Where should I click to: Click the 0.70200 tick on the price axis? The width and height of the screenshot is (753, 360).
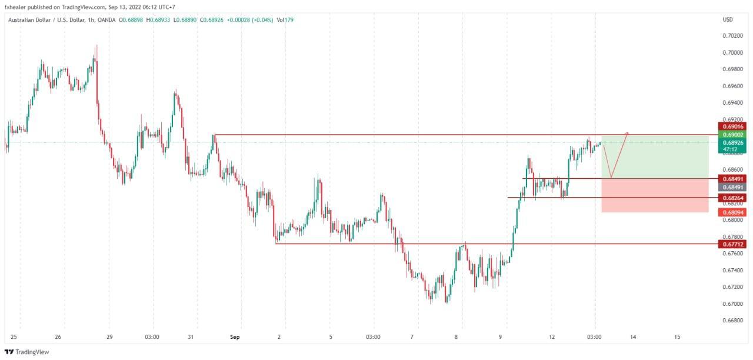pyautogui.click(x=732, y=35)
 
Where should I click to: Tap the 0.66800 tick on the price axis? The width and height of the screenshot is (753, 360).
pyautogui.click(x=732, y=321)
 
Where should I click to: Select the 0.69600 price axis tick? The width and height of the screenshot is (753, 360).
pyautogui.click(x=732, y=86)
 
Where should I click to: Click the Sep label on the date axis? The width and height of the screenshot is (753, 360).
pyautogui.click(x=235, y=337)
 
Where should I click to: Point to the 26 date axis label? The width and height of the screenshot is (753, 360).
pyautogui.click(x=58, y=337)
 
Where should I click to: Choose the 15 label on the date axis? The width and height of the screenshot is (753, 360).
pyautogui.click(x=677, y=337)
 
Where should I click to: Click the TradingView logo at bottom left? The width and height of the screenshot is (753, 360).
pyautogui.click(x=27, y=352)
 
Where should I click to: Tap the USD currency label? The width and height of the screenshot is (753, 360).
pyautogui.click(x=728, y=20)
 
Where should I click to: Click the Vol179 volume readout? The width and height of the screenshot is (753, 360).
pyautogui.click(x=285, y=20)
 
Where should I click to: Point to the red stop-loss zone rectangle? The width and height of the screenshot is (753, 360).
pyautogui.click(x=655, y=195)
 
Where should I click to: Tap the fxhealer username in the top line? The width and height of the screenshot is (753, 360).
pyautogui.click(x=16, y=7)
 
